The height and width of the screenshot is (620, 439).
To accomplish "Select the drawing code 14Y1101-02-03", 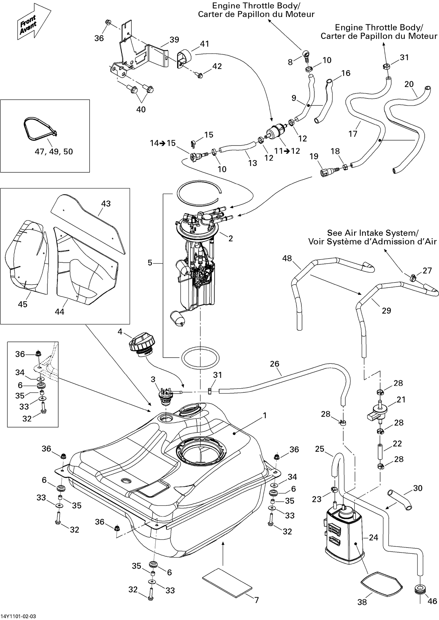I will (x=18, y=616).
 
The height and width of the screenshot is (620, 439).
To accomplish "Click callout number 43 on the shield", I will (x=106, y=204).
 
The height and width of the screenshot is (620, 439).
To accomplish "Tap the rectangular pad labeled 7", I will (x=227, y=579).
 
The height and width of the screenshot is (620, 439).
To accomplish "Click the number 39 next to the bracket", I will (x=174, y=40).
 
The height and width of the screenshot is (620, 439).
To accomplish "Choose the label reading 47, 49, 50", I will (x=54, y=151).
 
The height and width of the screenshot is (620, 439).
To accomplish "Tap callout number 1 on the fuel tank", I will (x=265, y=415).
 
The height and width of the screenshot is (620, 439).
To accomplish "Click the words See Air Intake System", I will (x=372, y=233).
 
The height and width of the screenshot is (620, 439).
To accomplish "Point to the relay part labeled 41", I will (x=183, y=58).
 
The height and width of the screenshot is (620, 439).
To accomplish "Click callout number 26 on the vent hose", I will (x=275, y=364).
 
